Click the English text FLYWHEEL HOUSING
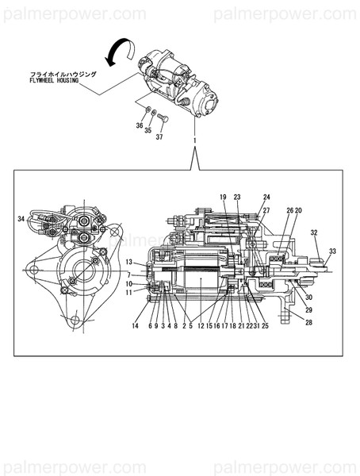(x=54, y=80)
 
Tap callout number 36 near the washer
(x=140, y=126)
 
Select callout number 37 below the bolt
(x=159, y=137)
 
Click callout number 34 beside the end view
(x=21, y=218)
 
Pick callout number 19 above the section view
(x=223, y=196)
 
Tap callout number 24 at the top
(x=266, y=196)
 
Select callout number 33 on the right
(x=332, y=251)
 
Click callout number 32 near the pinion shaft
(x=314, y=233)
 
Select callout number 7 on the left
(x=129, y=274)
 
